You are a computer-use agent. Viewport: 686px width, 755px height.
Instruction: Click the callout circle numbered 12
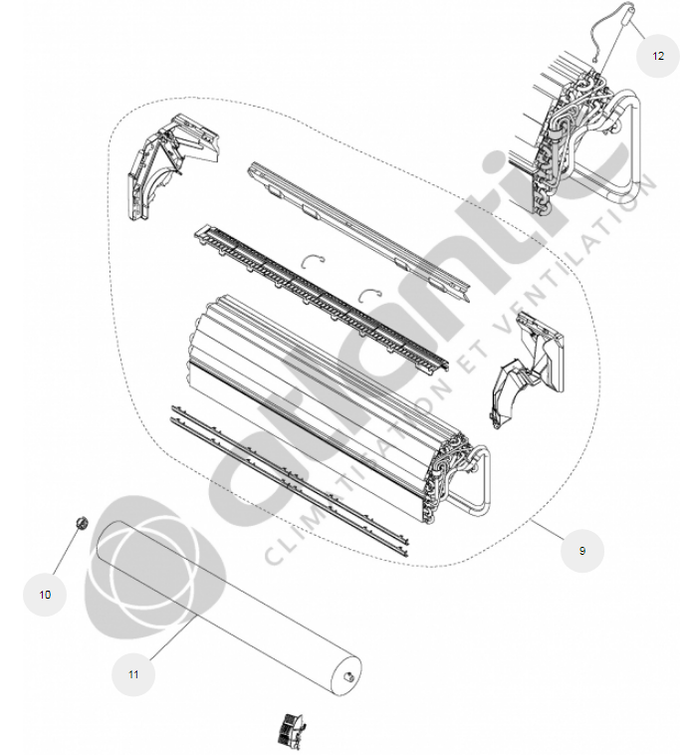click(x=657, y=56)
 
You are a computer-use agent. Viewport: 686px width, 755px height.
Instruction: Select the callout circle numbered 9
click(x=582, y=551)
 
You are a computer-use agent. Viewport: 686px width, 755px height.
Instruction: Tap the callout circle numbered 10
click(x=45, y=595)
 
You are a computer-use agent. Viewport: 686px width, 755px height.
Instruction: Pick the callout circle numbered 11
click(x=133, y=674)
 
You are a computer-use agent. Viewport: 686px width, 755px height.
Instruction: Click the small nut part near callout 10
click(x=82, y=523)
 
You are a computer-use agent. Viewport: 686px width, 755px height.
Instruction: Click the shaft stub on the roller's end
click(x=348, y=678)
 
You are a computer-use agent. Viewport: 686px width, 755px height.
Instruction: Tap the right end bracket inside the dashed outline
click(x=527, y=369)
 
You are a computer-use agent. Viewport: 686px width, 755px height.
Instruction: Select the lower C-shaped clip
click(x=370, y=295)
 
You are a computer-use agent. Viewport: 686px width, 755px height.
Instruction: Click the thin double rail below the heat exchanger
click(x=289, y=480)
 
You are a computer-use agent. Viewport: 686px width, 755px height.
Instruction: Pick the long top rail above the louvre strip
click(x=358, y=232)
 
